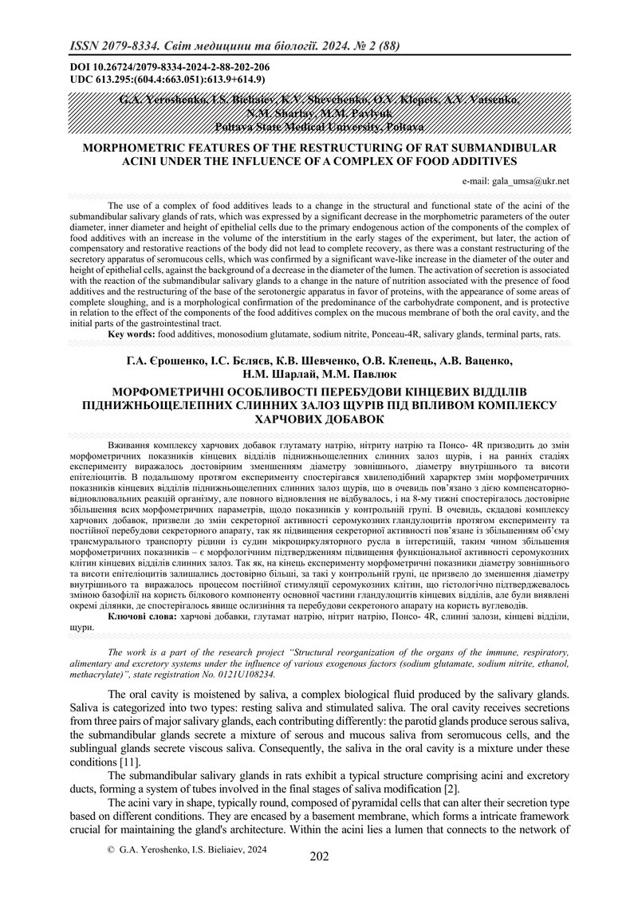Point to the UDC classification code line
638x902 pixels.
pyautogui.click(x=157, y=80)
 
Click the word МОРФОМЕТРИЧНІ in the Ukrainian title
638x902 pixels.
pyautogui.click(x=175, y=392)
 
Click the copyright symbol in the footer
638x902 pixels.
pyautogui.click(x=111, y=872)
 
